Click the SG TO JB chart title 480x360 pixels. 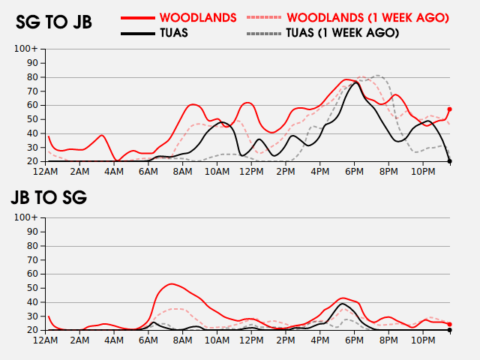click(54, 22)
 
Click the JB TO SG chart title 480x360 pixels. click(49, 198)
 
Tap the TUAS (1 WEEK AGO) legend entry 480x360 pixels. click(342, 33)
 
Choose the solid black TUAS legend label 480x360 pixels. click(174, 33)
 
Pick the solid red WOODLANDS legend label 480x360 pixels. click(198, 16)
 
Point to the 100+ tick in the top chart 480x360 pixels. click(26, 49)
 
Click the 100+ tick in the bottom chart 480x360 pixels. click(26, 217)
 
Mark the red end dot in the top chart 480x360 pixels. click(449, 109)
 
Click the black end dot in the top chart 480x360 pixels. click(449, 160)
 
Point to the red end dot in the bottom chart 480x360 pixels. click(449, 324)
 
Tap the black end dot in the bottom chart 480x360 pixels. click(449, 330)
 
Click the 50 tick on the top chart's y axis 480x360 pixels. click(32, 119)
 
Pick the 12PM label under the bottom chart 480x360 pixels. click(250, 340)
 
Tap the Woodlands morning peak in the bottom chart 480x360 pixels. click(172, 283)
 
